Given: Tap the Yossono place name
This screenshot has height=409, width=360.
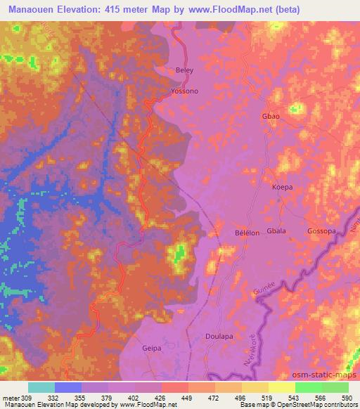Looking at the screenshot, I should (x=186, y=92).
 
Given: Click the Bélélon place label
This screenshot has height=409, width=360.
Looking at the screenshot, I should (x=248, y=232).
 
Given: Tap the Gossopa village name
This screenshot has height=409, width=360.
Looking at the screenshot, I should (x=322, y=231).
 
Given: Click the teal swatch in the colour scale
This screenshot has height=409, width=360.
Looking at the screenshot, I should (x=41, y=387).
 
